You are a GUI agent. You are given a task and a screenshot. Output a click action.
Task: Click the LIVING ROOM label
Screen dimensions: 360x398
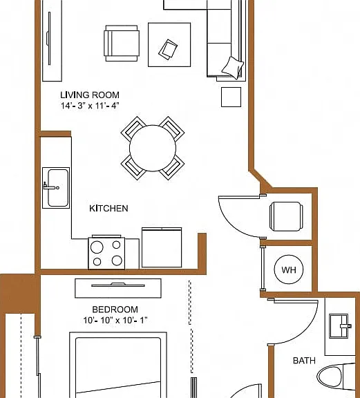pyautogui.click(x=90, y=95)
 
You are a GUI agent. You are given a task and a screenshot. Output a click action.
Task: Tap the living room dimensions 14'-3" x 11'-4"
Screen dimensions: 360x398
pyautogui.click(x=90, y=105)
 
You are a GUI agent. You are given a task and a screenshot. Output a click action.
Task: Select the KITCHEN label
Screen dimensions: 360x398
pyautogui.click(x=108, y=209)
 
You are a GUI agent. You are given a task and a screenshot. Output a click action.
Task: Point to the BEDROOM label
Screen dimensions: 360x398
pyautogui.click(x=115, y=310)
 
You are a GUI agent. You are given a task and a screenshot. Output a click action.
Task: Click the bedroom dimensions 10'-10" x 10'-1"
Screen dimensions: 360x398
pyautogui.click(x=115, y=321)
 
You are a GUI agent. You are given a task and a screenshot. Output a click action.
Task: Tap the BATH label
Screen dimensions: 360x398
pyautogui.click(x=304, y=361)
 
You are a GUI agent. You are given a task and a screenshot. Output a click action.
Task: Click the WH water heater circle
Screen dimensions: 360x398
pyautogui.click(x=289, y=269)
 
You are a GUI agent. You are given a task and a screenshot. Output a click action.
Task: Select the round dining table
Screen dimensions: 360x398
pyautogui.click(x=153, y=149)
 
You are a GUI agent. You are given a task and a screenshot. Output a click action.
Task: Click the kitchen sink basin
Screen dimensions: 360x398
pyautogui.click(x=58, y=188)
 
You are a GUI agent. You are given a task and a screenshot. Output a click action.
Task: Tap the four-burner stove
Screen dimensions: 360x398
pyautogui.click(x=106, y=253)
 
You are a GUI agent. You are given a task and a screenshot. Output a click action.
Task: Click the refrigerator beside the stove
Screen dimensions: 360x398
pyautogui.click(x=162, y=247)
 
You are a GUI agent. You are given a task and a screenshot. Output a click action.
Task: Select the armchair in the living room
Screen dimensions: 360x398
pyautogui.click(x=122, y=43)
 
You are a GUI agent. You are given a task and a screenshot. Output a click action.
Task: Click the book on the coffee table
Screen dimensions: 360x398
pyautogui.click(x=168, y=50)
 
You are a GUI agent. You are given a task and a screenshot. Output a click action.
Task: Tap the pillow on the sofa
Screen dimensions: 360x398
pyautogui.click(x=233, y=68)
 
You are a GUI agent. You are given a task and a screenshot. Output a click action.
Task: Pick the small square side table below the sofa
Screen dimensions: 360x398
pyautogui.click(x=231, y=97)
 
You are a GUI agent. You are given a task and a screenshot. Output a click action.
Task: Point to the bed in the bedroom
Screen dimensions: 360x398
pyautogui.click(x=118, y=365)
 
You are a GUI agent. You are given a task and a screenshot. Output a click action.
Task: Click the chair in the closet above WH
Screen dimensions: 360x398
pyautogui.click(x=286, y=216)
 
